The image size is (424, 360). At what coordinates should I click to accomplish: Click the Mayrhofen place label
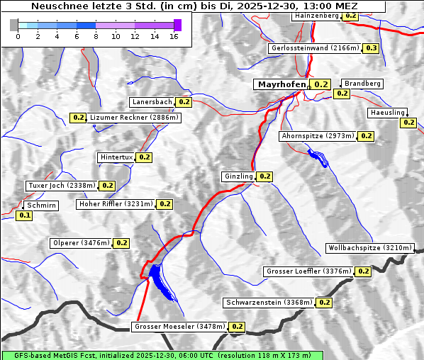[x=281, y=84]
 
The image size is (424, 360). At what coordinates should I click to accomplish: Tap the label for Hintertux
[x=116, y=157]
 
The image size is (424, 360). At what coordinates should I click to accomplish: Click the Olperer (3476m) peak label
[x=82, y=242]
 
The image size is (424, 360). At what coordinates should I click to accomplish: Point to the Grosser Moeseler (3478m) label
[x=179, y=327]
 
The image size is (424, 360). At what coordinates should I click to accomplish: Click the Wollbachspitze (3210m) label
[x=369, y=248]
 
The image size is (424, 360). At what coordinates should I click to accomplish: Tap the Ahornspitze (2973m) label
[x=317, y=135]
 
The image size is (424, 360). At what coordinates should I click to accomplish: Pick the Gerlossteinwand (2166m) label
[x=315, y=48]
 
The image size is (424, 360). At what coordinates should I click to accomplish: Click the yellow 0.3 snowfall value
[x=371, y=48]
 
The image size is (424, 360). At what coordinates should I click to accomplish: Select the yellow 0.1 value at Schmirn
[x=24, y=215]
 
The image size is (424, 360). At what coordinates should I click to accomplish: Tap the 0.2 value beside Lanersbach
[x=184, y=102]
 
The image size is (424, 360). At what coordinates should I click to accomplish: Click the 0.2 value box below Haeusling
[x=408, y=123]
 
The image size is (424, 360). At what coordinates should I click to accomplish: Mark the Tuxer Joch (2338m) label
[x=61, y=186]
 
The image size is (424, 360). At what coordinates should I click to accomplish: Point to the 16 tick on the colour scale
[x=174, y=35]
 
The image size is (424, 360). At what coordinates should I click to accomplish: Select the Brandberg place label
[x=362, y=84]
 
